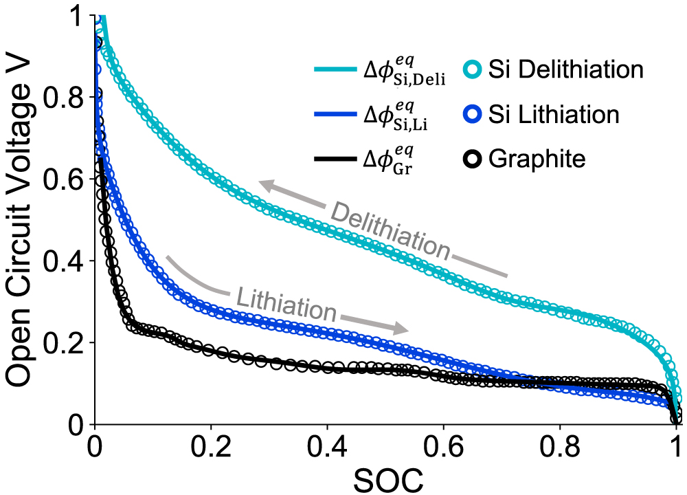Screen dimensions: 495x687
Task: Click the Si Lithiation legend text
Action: (x=554, y=114)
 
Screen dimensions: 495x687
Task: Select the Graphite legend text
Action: (x=537, y=159)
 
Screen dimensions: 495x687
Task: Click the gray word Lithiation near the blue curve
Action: (x=287, y=305)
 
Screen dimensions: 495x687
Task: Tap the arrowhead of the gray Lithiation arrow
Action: (x=403, y=328)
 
